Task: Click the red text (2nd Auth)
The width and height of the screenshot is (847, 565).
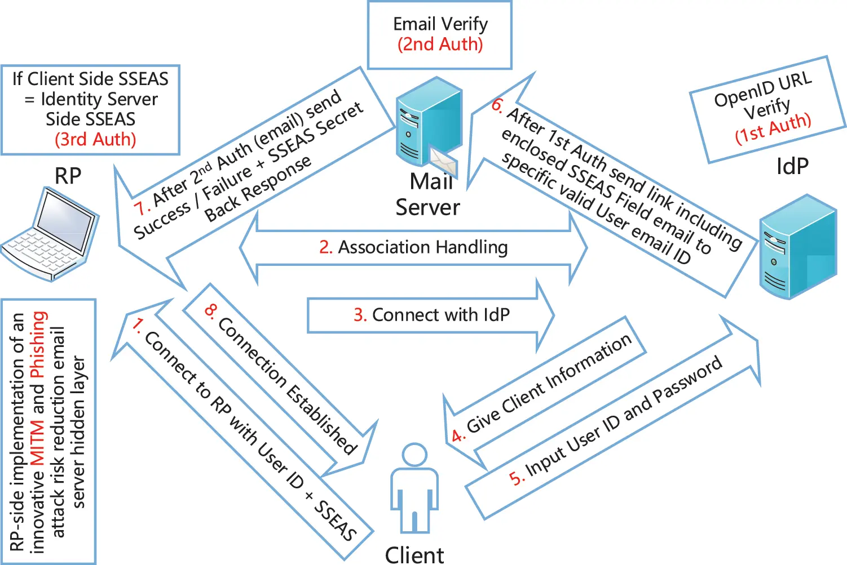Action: point(440,44)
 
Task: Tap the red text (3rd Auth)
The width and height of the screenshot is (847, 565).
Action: point(95,139)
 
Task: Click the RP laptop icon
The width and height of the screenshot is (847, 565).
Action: point(51,234)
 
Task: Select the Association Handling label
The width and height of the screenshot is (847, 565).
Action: point(422,247)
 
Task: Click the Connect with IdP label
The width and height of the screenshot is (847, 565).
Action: point(440,315)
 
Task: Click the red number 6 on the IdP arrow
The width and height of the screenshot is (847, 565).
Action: point(497,105)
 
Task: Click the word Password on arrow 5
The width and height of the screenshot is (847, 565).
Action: point(687,383)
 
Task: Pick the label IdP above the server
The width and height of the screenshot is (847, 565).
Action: point(792,166)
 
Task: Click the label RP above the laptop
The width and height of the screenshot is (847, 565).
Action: point(68,176)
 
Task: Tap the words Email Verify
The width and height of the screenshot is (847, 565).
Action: point(440,24)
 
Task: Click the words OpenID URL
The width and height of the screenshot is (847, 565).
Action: point(762,90)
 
